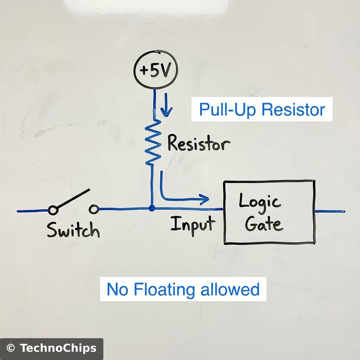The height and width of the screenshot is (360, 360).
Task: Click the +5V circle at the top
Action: pos(156,70)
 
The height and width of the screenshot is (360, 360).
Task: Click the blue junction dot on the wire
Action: pos(152,208)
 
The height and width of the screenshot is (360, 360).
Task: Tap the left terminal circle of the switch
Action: pos(53,210)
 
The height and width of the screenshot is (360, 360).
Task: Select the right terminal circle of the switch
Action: pos(94,210)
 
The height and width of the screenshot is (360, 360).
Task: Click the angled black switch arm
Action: pos(73,199)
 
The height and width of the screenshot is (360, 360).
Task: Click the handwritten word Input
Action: pos(193,224)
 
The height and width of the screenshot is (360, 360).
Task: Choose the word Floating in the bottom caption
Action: pos(165,290)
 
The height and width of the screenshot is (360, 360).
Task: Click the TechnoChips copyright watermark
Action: pos(51,348)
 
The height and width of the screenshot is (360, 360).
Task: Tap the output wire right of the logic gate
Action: pos(330,211)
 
